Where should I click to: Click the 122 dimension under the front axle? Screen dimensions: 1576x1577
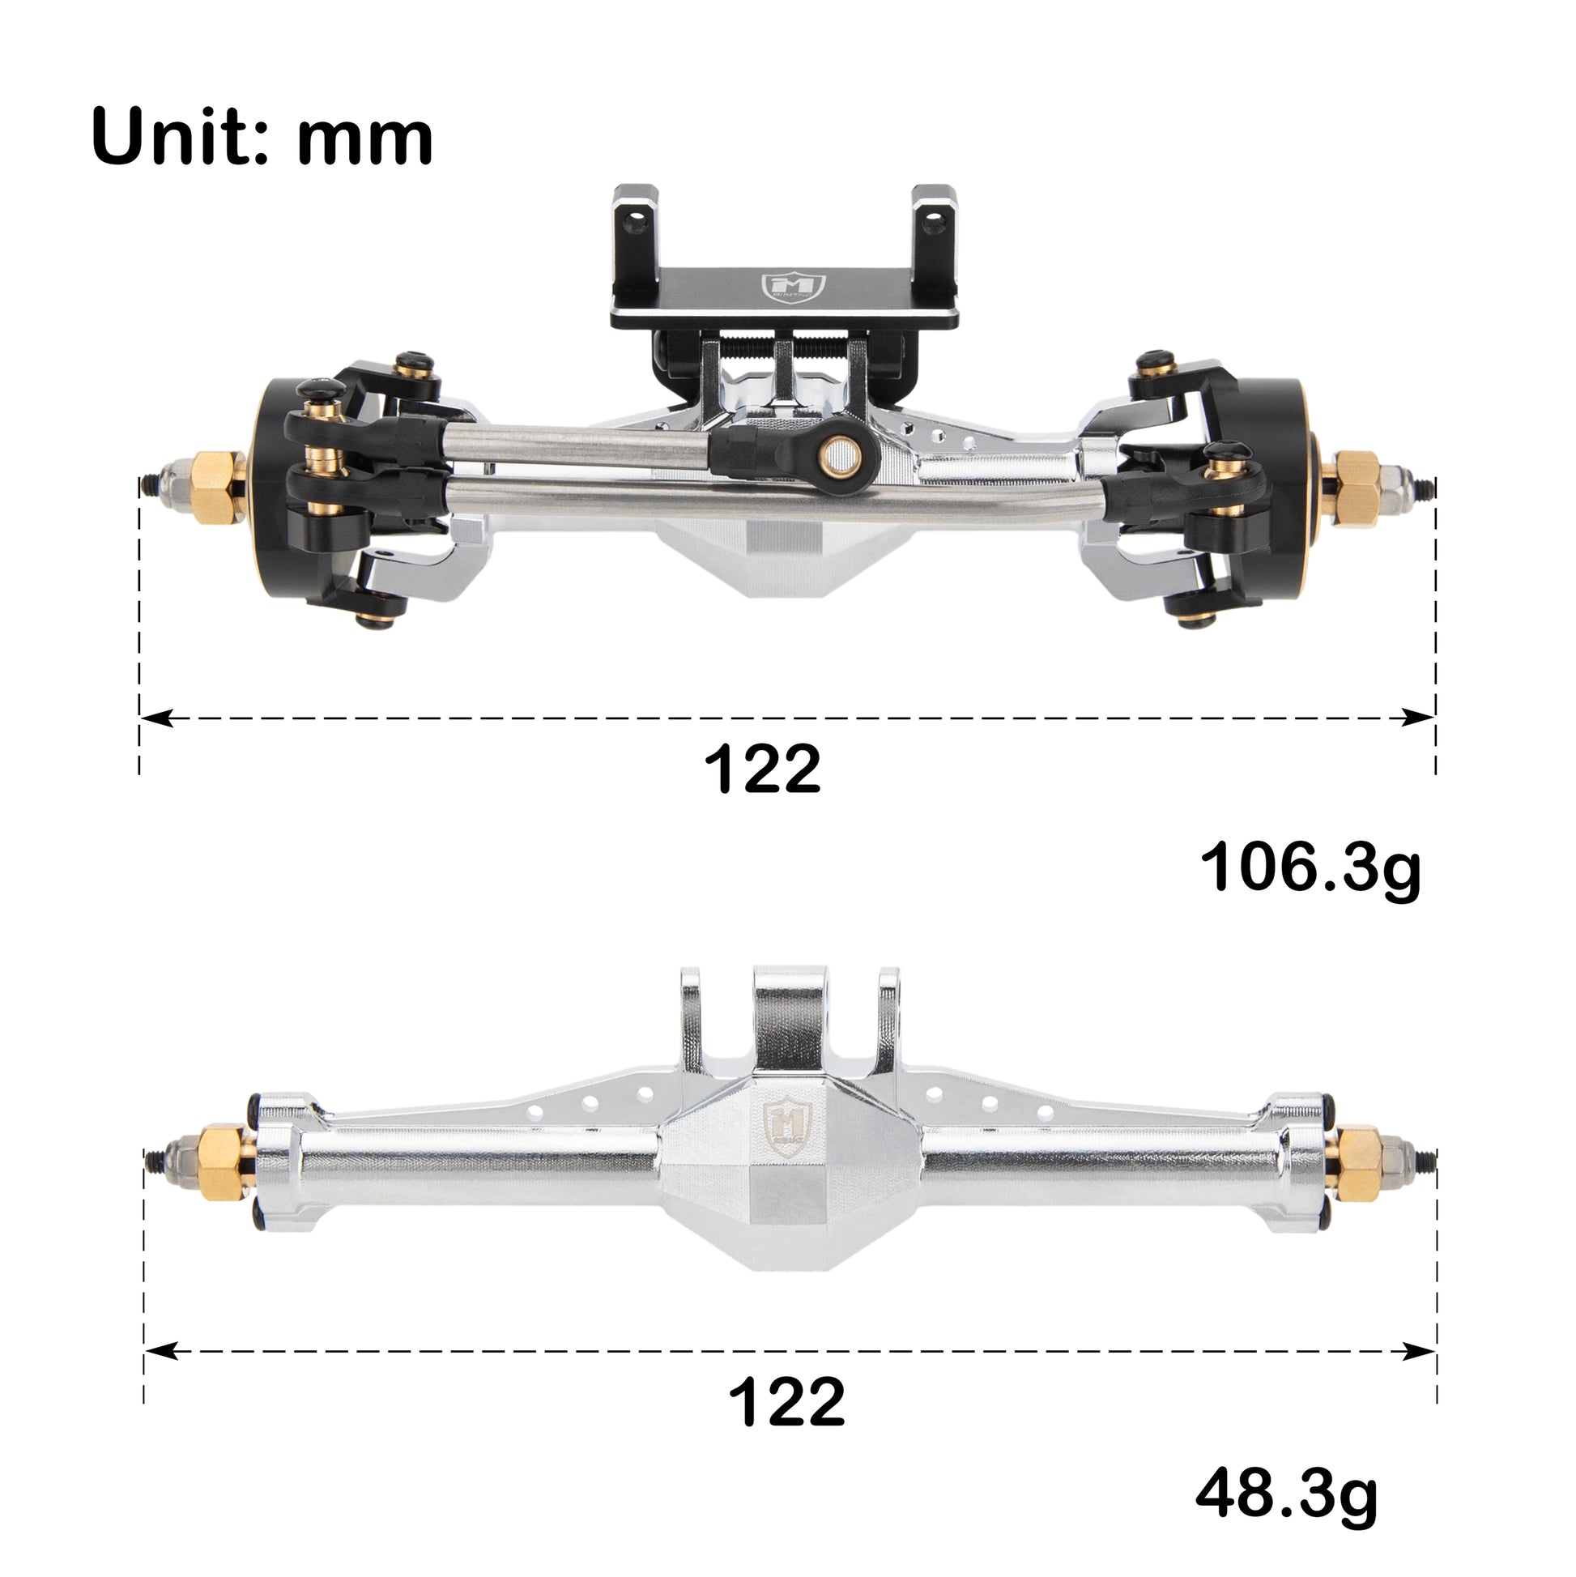coord(761,768)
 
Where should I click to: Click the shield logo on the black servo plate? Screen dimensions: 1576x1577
coord(794,287)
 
